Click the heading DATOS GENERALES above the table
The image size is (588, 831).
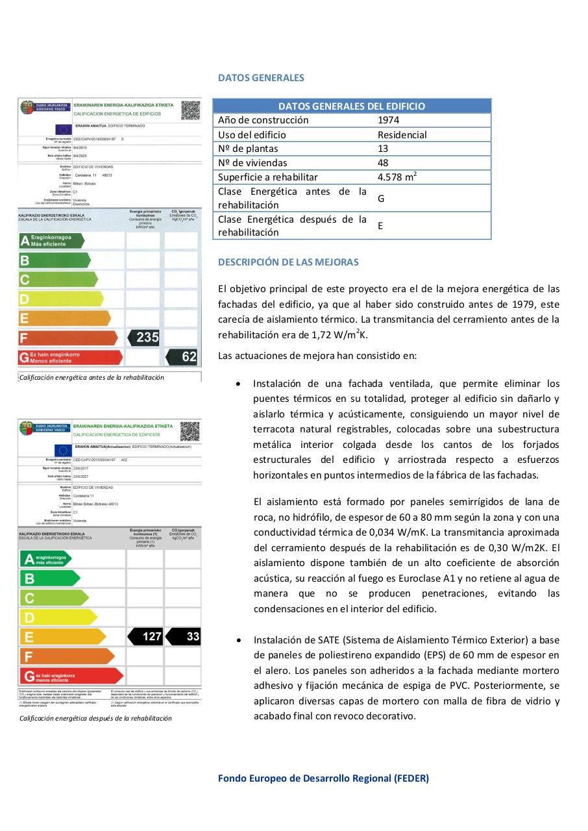click(x=261, y=78)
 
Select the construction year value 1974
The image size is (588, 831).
click(x=389, y=120)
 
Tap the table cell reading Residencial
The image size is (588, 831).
click(x=402, y=135)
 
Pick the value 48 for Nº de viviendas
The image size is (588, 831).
click(x=383, y=163)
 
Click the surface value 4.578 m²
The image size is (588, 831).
click(x=397, y=177)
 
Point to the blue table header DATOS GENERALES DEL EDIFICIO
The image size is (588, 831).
click(x=352, y=106)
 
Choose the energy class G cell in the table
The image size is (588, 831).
click(x=381, y=198)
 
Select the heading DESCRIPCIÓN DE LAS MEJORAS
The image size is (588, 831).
click(x=288, y=262)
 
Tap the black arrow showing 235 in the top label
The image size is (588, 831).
click(x=145, y=338)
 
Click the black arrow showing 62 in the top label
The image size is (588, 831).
click(x=184, y=356)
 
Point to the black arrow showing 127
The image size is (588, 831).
click(x=147, y=636)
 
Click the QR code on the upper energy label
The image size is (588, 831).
click(x=190, y=110)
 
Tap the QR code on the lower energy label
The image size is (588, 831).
click(x=190, y=432)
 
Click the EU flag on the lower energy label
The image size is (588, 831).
click(x=63, y=450)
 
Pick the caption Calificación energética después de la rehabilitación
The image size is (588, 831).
click(x=95, y=718)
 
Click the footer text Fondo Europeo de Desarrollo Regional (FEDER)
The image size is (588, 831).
click(x=323, y=778)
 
